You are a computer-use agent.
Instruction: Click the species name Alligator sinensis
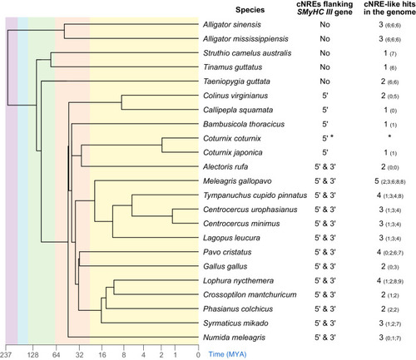click(x=232, y=25)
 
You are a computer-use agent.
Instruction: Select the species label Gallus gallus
click(x=225, y=267)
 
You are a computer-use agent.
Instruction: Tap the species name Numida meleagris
click(x=234, y=338)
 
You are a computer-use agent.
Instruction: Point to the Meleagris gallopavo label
click(x=237, y=181)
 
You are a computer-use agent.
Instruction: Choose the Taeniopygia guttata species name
click(x=236, y=81)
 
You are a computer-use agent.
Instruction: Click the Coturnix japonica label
click(x=232, y=153)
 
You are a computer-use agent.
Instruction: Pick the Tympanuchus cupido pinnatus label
click(x=255, y=195)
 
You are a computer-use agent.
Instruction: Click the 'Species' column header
click(x=250, y=10)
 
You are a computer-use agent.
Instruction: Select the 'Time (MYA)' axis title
click(x=227, y=354)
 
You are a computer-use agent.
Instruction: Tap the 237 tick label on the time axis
click(x=6, y=355)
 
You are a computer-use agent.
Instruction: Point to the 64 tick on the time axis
click(x=56, y=355)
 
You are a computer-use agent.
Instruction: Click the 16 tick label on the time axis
click(x=102, y=355)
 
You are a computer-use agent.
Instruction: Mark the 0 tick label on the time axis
click(x=198, y=355)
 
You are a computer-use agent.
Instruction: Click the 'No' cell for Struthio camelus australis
click(x=324, y=53)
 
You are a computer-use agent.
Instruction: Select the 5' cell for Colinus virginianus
click(x=325, y=96)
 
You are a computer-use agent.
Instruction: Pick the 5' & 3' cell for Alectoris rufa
click(x=325, y=167)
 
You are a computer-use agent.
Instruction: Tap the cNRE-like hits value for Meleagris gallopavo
click(x=389, y=181)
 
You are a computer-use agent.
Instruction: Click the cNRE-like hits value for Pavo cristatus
click(x=390, y=252)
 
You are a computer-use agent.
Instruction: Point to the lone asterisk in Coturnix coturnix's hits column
click(x=389, y=136)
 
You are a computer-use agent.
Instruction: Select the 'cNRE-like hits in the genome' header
click(x=389, y=8)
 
